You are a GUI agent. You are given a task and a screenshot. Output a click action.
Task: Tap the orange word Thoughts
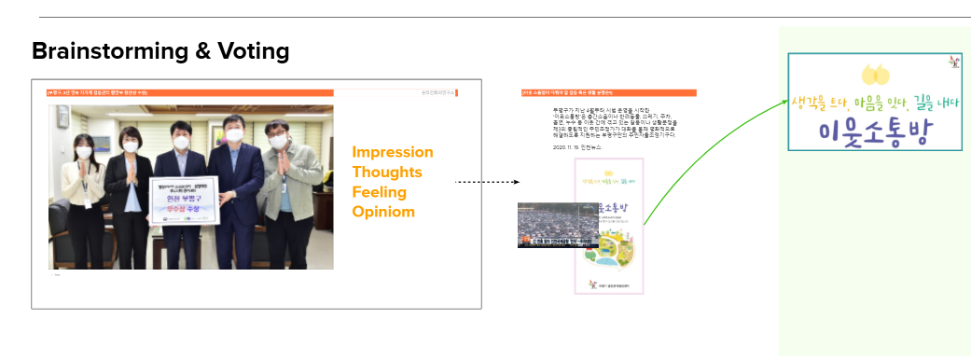pos(386,173)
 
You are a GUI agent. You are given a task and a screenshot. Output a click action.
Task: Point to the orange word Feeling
pos(380,192)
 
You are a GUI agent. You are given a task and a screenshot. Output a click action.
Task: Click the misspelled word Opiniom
pos(383,212)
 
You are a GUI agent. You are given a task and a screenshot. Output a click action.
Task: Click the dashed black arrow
pos(485,183)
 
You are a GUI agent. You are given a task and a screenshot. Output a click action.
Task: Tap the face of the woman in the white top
pos(83,150)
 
